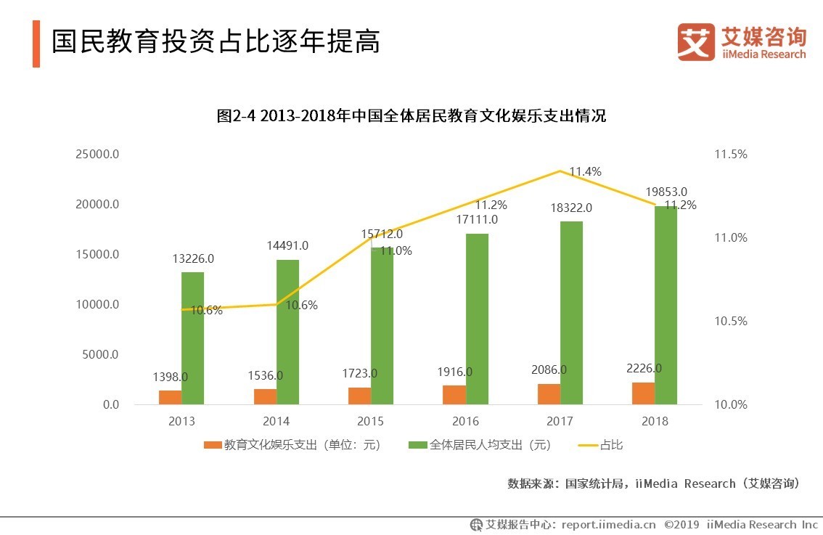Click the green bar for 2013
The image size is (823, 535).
192,338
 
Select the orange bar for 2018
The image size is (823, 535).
643,393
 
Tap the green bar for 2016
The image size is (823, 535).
477,319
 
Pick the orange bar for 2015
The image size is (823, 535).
360,396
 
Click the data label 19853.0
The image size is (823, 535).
666,192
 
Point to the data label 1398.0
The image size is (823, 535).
170,377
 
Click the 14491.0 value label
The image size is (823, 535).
287,246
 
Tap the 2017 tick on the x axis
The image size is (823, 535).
560,422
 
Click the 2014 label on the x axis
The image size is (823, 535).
276,422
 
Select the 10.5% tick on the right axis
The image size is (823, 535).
730,322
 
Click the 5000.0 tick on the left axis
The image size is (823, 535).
102,355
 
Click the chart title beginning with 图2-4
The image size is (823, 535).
411,116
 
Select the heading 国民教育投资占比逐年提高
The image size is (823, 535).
216,41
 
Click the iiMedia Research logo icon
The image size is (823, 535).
695,42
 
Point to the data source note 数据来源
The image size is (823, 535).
653,483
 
